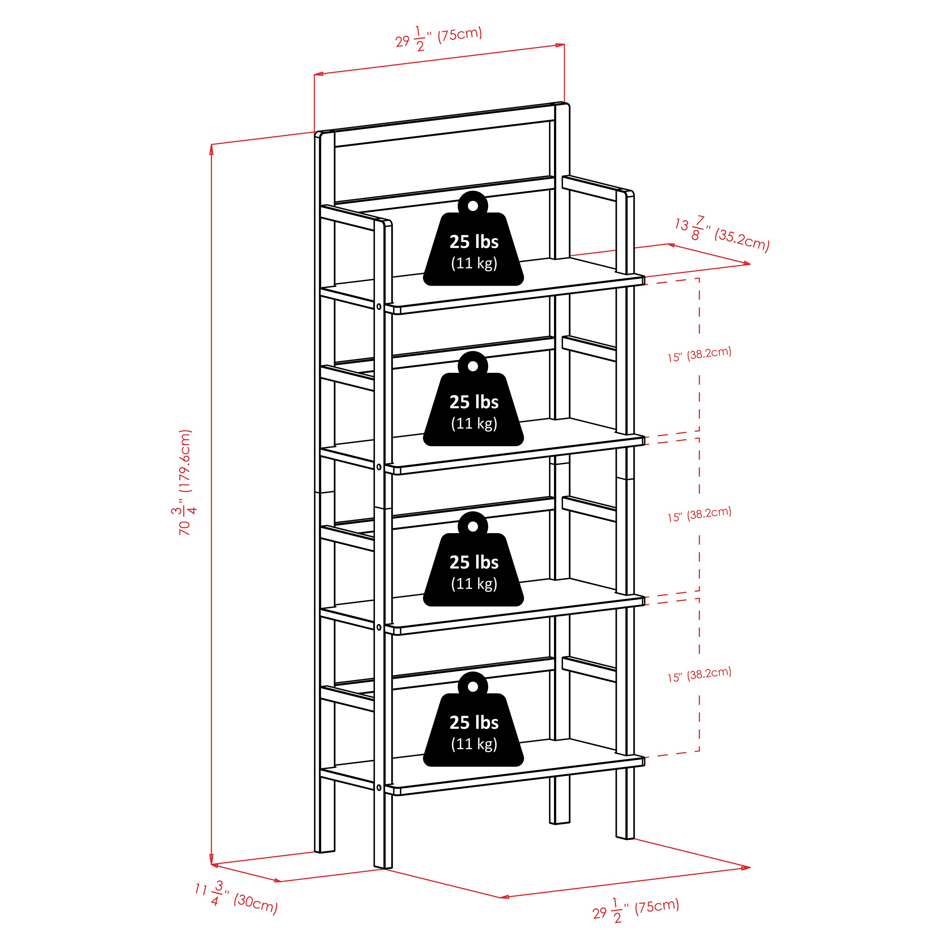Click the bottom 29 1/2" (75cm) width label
636,910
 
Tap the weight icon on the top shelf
473,238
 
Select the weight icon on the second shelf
473,398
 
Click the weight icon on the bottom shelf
473,719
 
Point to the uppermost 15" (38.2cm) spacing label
699,354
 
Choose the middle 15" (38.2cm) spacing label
699,515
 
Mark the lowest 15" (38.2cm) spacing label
699,675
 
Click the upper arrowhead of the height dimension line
212,149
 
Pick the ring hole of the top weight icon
473,205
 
